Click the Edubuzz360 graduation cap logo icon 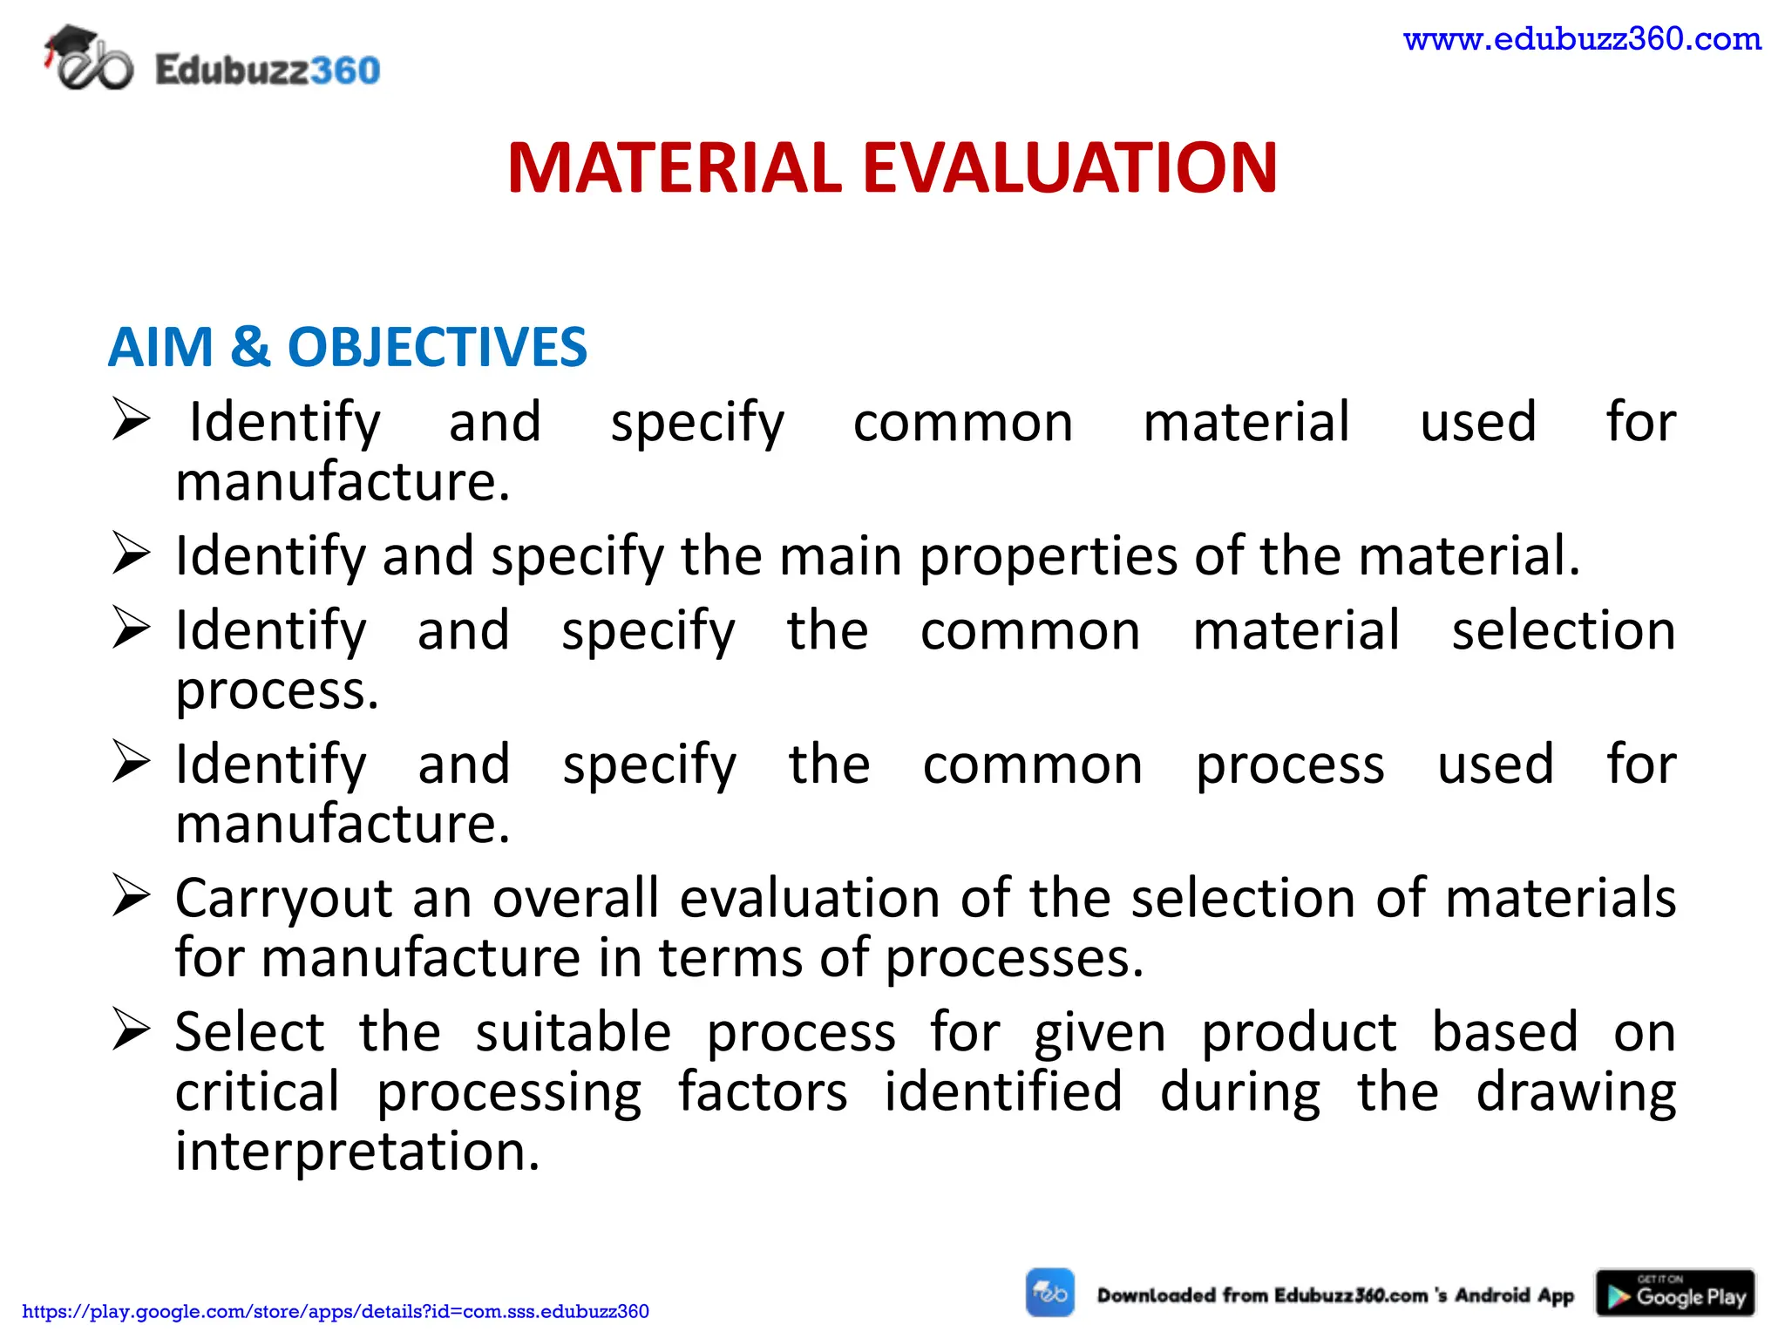click(x=88, y=59)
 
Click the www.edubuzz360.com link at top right click(x=1582, y=39)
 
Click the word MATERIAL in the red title click(x=675, y=167)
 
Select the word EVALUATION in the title click(x=1069, y=167)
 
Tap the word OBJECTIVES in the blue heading click(x=438, y=347)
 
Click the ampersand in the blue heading click(x=250, y=347)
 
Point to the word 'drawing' click(x=1575, y=1093)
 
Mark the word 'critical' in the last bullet click(x=257, y=1091)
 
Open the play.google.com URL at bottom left click(x=336, y=1311)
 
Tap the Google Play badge click(x=1674, y=1293)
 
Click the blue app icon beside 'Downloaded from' click(x=1049, y=1293)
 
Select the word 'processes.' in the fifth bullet click(x=1015, y=959)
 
